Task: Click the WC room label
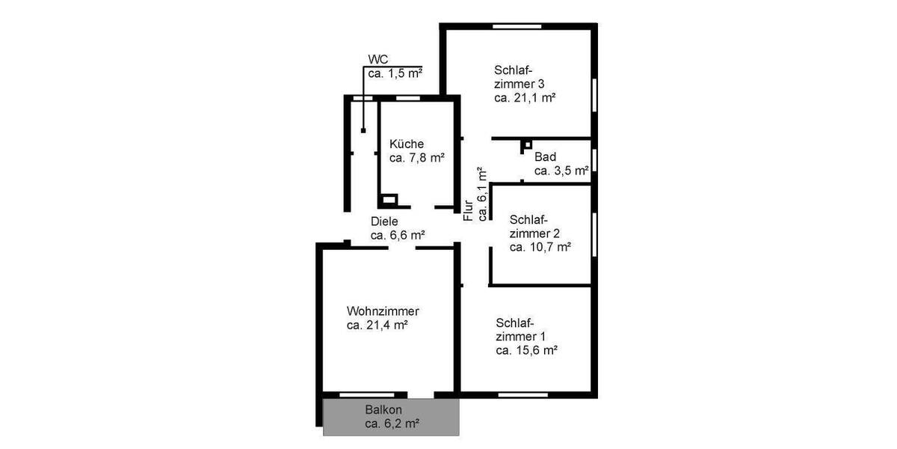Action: (378, 59)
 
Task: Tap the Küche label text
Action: (407, 144)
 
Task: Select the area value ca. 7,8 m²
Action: (417, 157)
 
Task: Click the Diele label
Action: (385, 222)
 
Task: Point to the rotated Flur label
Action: (469, 210)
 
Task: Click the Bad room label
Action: (545, 157)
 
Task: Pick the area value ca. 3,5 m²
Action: (561, 171)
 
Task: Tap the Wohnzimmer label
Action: (383, 311)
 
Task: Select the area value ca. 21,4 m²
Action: (377, 325)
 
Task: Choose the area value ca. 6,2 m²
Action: (392, 424)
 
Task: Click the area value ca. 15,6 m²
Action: (528, 349)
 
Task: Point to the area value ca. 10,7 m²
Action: (540, 246)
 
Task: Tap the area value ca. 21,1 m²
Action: (524, 97)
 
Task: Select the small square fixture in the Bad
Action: (527, 144)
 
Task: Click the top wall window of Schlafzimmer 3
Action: (517, 27)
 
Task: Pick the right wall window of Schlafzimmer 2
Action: (594, 234)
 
